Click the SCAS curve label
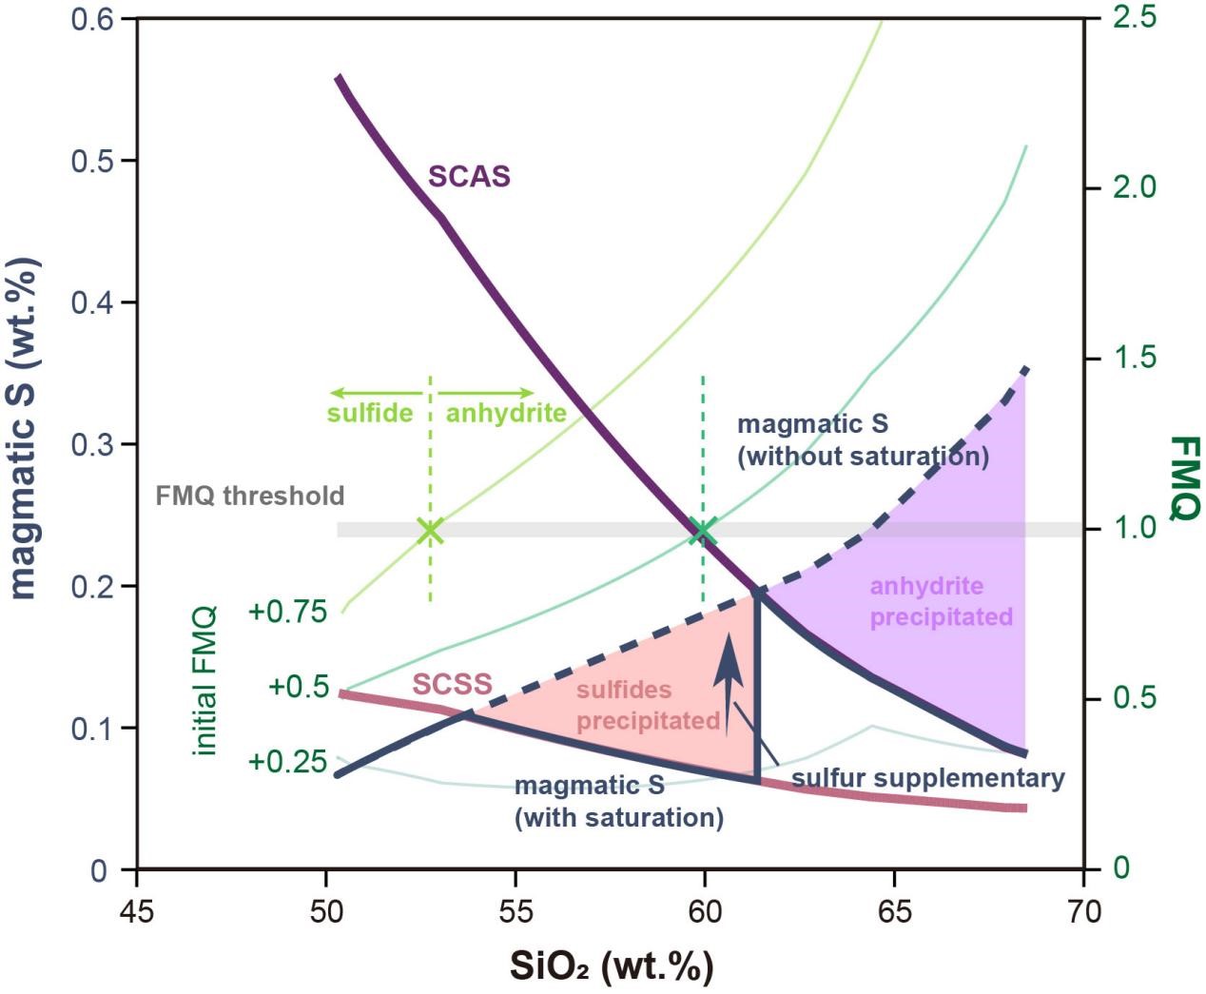click(x=469, y=177)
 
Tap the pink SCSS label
click(x=452, y=684)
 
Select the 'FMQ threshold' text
click(x=249, y=496)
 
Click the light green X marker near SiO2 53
click(x=431, y=531)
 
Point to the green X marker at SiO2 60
click(x=703, y=531)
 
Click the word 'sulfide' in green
click(x=370, y=413)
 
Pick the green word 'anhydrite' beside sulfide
click(x=506, y=413)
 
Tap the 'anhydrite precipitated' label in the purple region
click(x=941, y=601)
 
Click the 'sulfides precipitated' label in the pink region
click(x=648, y=705)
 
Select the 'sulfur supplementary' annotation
click(x=927, y=778)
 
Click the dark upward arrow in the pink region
click(x=729, y=680)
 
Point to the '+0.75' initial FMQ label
click(x=287, y=612)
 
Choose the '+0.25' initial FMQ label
click(x=287, y=762)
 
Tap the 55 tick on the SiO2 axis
click(x=515, y=910)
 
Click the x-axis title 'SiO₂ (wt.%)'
click(x=611, y=966)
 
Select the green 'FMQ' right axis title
click(x=1184, y=478)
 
